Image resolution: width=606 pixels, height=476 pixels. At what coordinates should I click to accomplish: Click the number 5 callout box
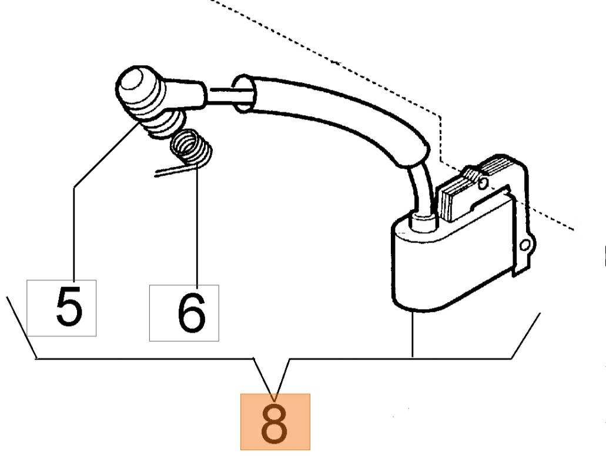point(62,308)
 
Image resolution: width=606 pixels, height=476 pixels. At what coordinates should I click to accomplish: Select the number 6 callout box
point(184,313)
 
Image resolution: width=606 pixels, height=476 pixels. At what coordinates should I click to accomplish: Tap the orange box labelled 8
point(275,422)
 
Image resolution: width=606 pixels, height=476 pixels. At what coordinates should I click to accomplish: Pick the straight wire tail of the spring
point(173,170)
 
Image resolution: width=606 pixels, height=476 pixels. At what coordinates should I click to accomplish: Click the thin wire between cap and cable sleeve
point(229,95)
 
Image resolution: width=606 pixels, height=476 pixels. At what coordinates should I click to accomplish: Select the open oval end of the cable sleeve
point(243,94)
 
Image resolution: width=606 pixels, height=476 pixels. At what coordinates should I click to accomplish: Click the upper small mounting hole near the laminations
point(483,183)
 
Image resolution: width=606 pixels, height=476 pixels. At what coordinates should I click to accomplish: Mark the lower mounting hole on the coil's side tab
point(525,245)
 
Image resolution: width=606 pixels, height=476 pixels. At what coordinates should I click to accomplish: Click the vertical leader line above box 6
point(197,224)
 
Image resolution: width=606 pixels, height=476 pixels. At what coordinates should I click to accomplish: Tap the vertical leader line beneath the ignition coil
point(413,334)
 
